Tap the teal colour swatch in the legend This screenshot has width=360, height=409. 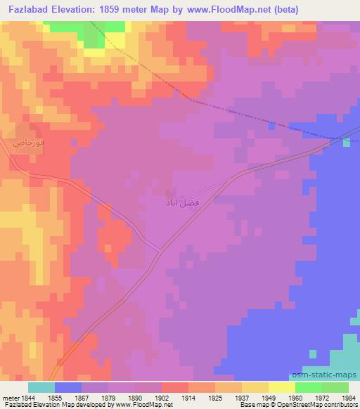(41, 387)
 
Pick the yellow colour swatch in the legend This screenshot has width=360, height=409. (281, 387)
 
